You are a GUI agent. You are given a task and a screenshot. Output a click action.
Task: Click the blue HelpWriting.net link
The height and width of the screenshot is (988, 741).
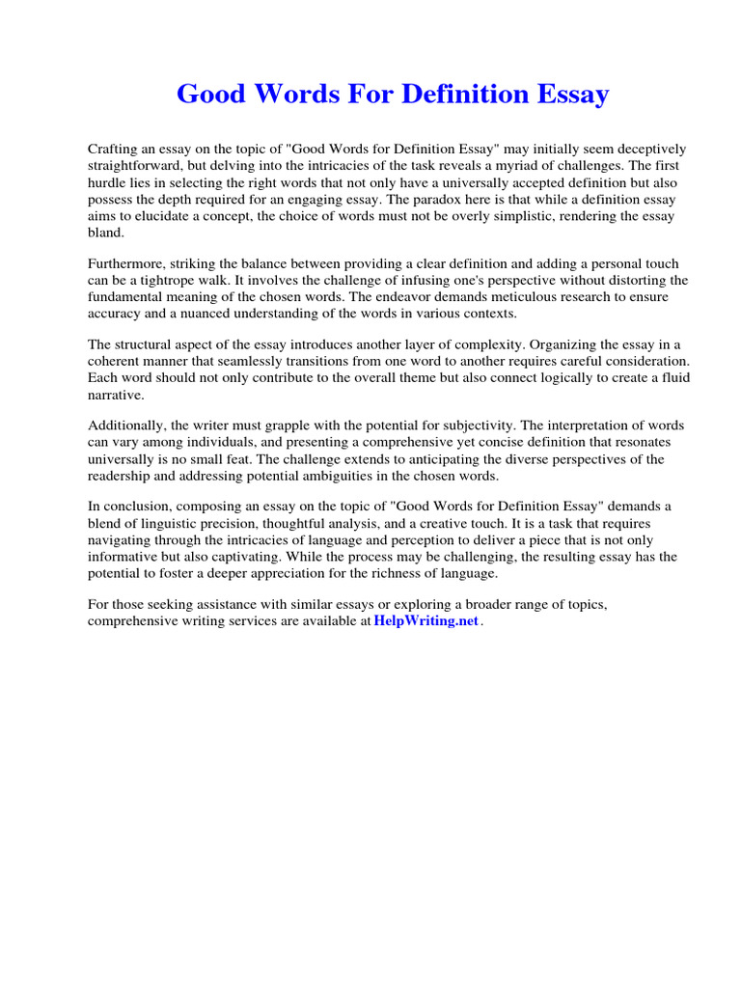[x=426, y=621]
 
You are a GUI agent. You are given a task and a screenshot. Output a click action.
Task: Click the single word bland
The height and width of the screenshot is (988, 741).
[x=106, y=233]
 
